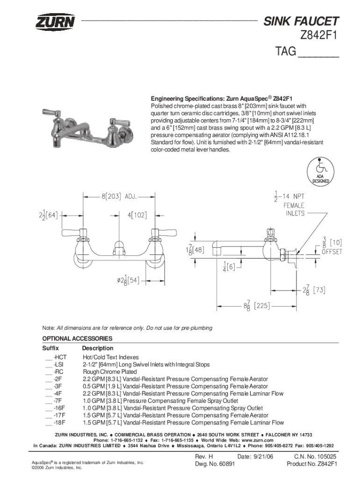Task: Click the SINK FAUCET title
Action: [x=301, y=21]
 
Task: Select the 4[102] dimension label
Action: [x=137, y=215]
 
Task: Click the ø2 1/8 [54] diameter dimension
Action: [x=128, y=280]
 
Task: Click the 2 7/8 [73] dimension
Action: [x=314, y=290]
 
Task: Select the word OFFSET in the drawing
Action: [x=332, y=252]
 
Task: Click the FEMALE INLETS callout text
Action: [x=295, y=209]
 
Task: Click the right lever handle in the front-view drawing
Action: [x=164, y=233]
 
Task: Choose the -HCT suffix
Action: [x=60, y=357]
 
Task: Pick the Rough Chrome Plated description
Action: [x=110, y=372]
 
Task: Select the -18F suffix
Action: [x=59, y=423]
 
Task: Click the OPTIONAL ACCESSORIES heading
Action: [x=77, y=339]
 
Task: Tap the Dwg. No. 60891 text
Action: [x=215, y=464]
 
